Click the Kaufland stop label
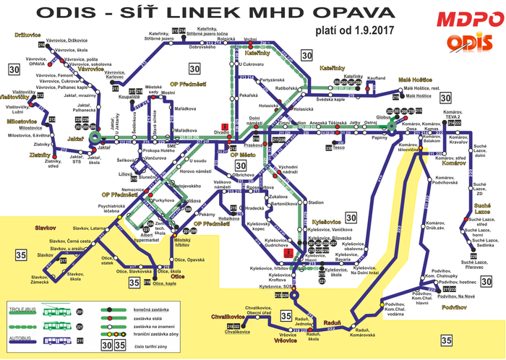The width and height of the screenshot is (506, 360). [377, 77]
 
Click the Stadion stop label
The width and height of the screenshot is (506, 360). [314, 203]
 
